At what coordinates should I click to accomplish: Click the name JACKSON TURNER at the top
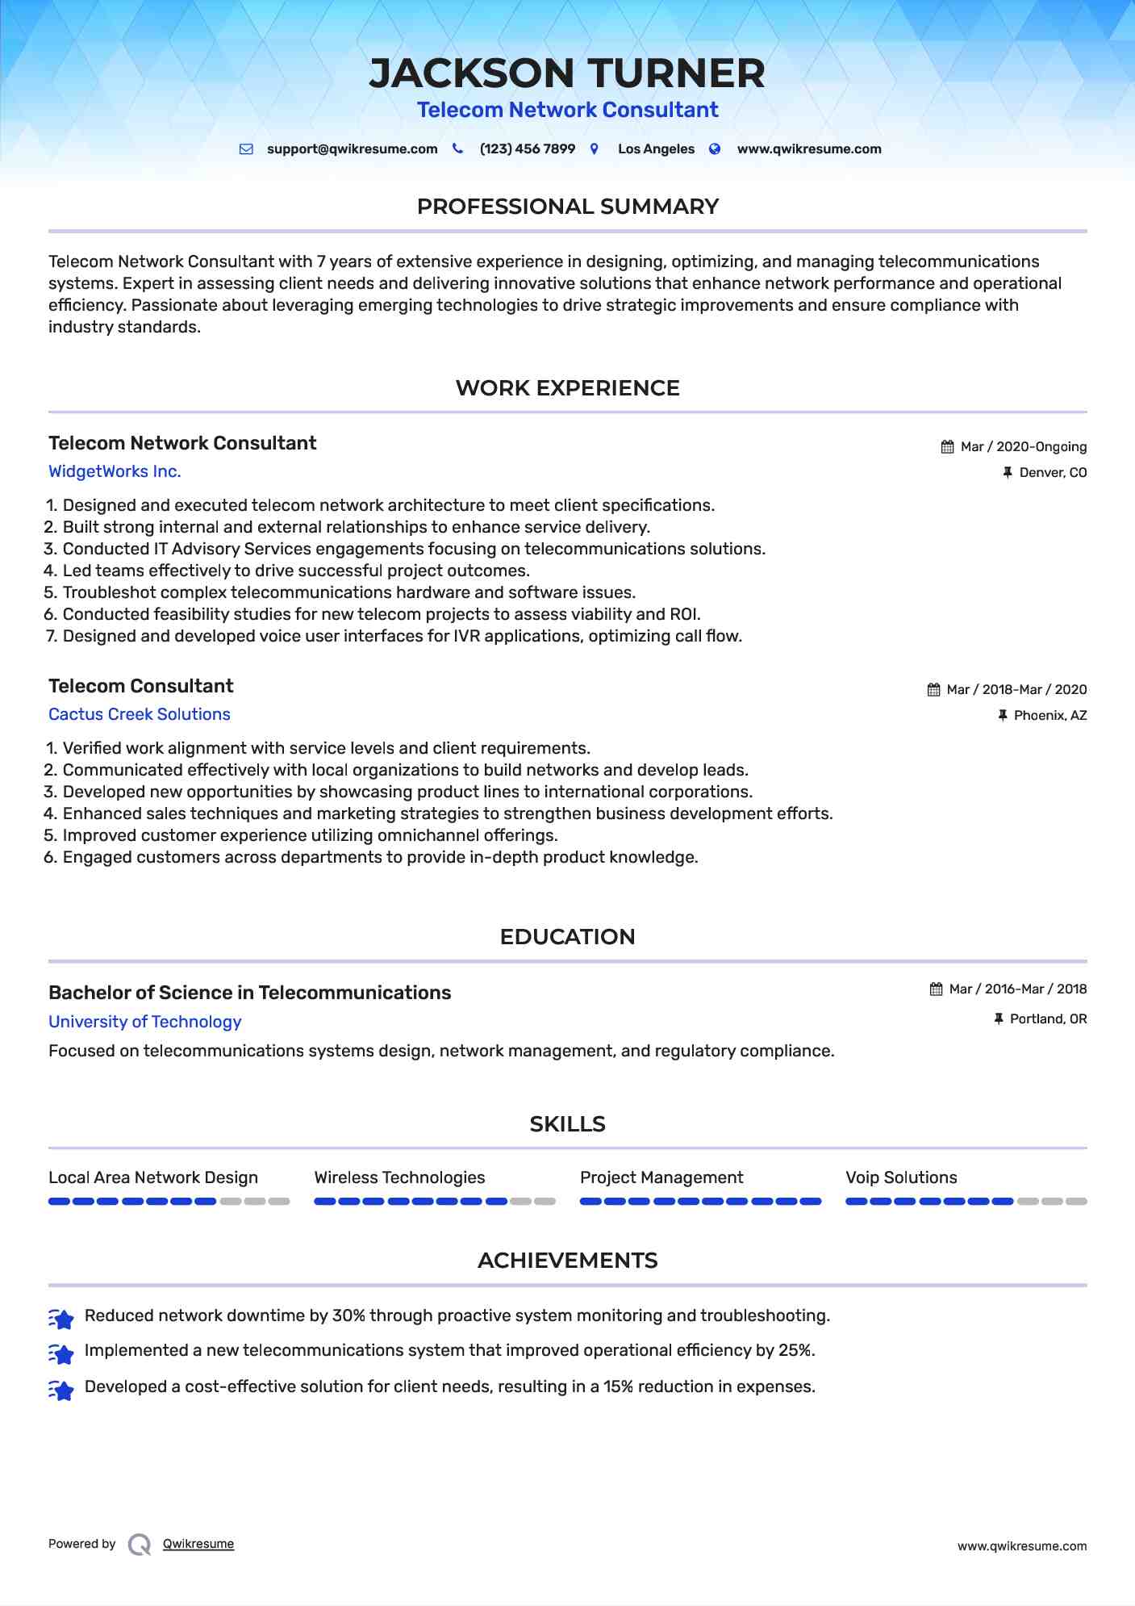567,73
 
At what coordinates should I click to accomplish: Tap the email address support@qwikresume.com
352,149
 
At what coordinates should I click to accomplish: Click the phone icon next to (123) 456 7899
457,148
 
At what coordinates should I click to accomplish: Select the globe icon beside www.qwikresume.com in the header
715,148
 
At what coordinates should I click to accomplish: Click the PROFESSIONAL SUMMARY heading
567,207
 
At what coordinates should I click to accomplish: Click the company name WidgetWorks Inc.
115,471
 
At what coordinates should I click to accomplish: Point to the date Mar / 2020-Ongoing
1024,447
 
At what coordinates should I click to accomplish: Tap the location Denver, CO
1053,473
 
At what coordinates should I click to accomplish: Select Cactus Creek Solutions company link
140,714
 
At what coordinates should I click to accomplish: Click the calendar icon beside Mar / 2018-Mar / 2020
933,690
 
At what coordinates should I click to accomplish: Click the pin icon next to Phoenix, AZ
1003,715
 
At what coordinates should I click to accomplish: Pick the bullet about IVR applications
402,636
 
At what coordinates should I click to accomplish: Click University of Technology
145,1022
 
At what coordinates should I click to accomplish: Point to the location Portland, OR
1048,1019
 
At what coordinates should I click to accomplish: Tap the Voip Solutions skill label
901,1177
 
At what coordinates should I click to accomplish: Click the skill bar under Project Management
700,1202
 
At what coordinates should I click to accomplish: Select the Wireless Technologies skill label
399,1177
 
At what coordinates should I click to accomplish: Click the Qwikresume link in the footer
198,1544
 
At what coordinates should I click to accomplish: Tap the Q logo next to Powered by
140,1545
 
